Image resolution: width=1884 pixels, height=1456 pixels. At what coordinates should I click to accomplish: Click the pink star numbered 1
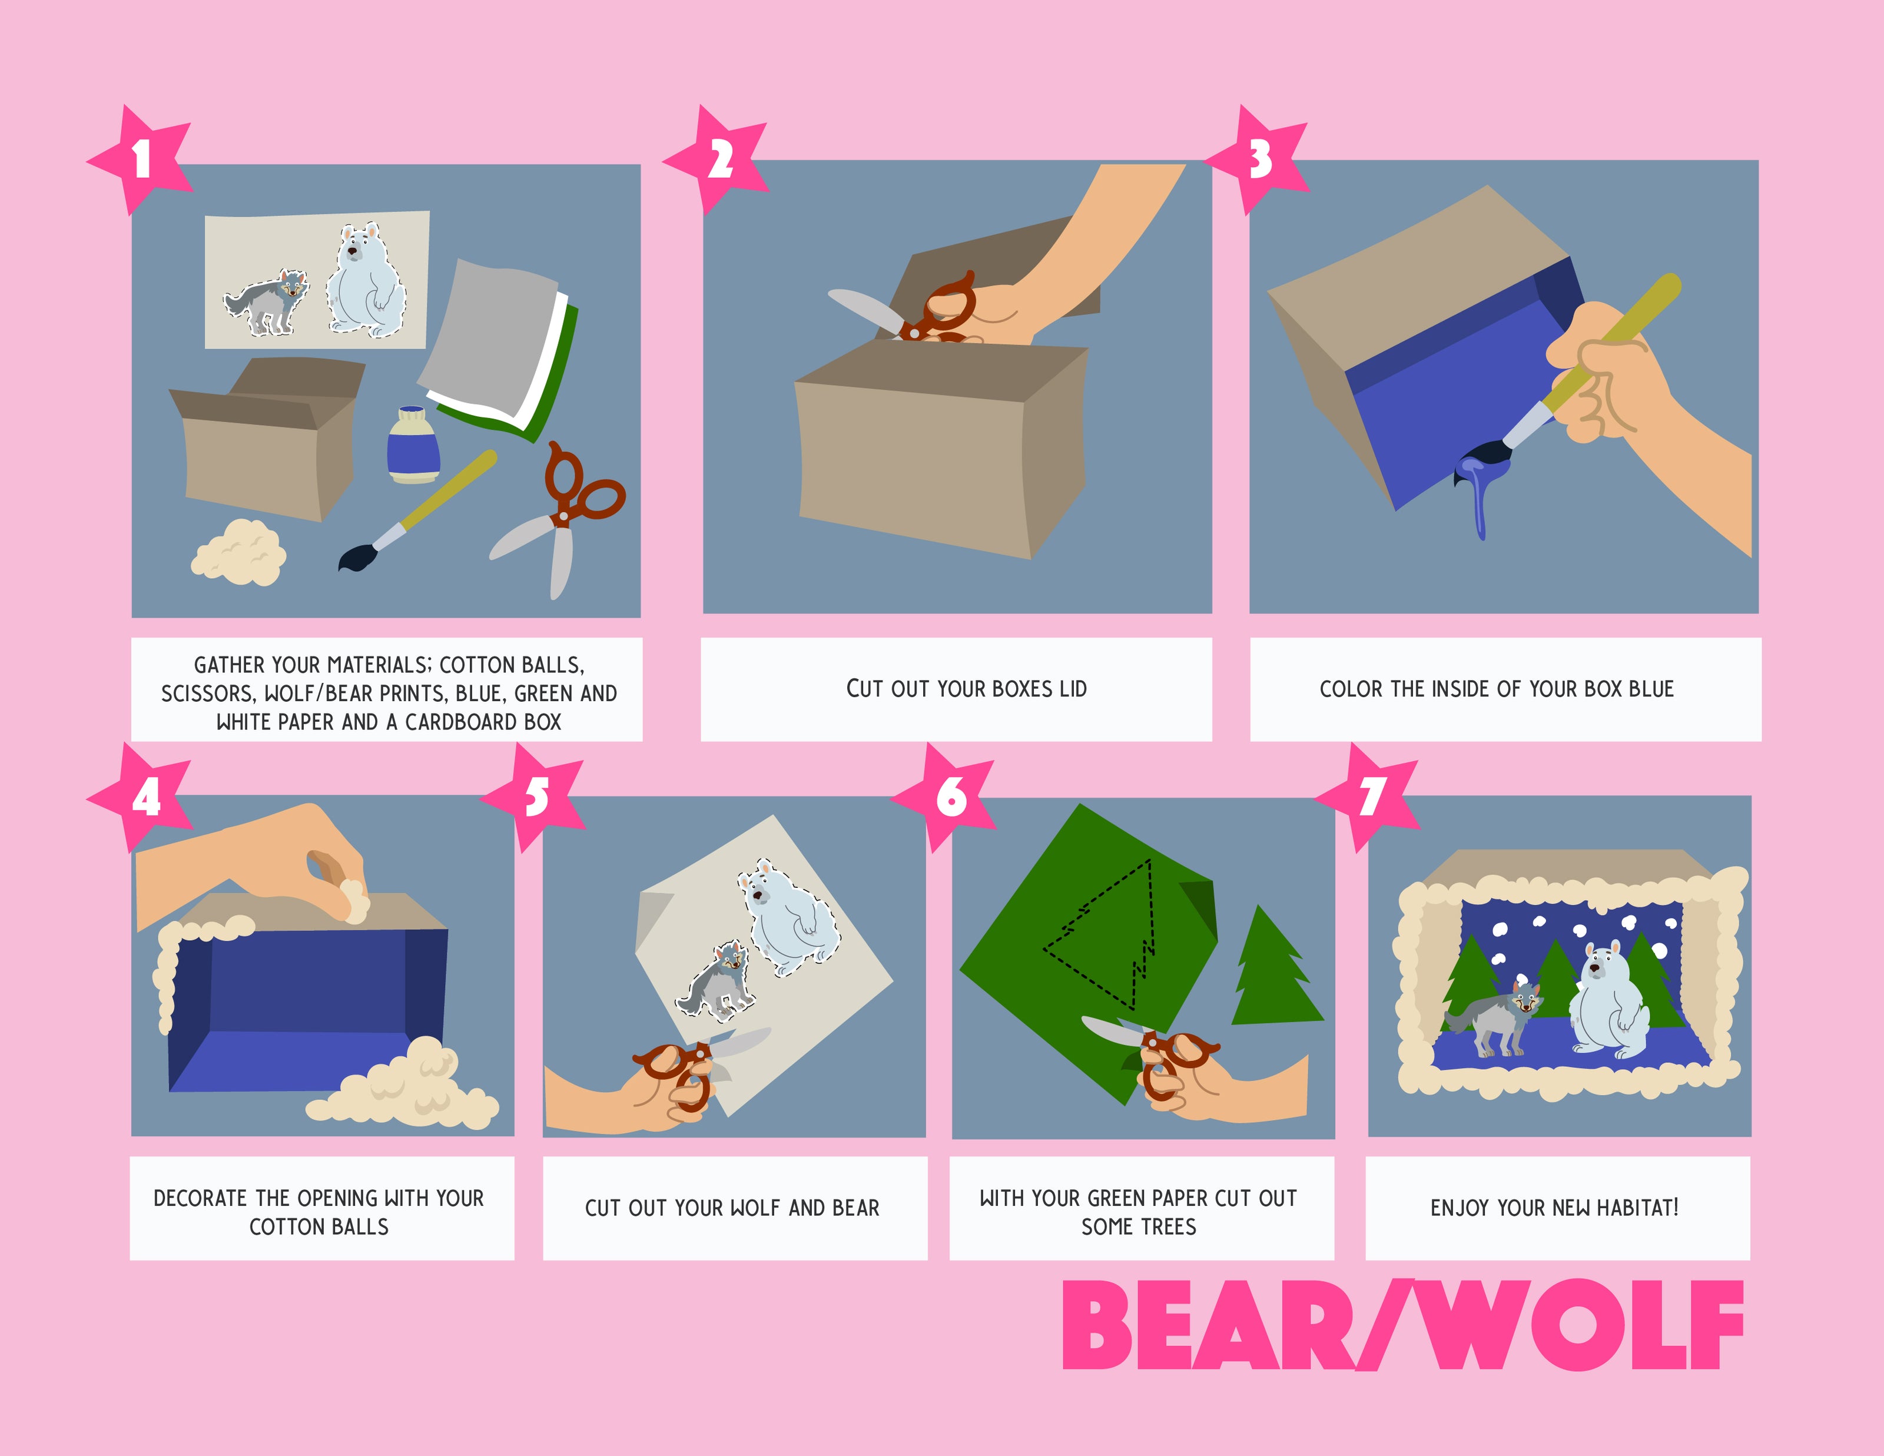(x=141, y=160)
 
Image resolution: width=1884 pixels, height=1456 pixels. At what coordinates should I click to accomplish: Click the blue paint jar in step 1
(x=413, y=444)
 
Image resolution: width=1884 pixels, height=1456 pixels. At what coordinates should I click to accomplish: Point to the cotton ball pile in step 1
(x=238, y=552)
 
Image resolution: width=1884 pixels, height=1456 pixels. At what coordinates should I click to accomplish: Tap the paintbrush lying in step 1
(x=417, y=510)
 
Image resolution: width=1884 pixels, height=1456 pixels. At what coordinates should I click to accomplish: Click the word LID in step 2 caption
(x=1072, y=688)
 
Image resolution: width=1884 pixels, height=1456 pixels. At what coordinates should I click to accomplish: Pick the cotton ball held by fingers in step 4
(x=354, y=901)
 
